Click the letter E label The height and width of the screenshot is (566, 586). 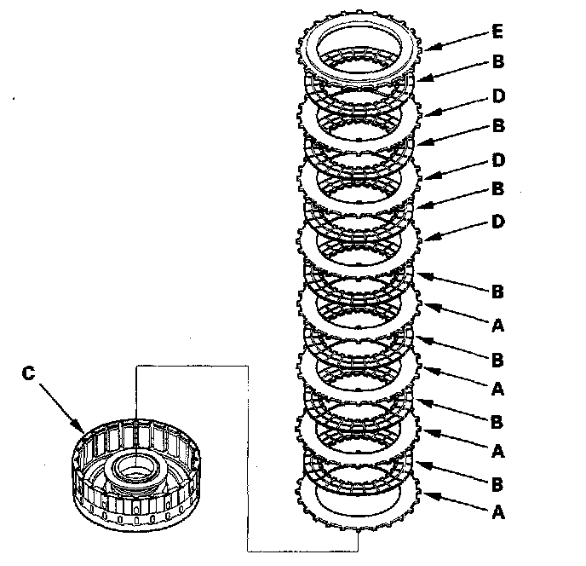[x=498, y=32]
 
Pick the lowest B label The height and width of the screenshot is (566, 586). [x=498, y=482]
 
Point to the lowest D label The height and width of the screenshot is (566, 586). [x=499, y=222]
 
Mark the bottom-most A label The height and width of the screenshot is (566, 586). [x=498, y=513]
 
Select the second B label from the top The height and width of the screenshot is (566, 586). [x=498, y=125]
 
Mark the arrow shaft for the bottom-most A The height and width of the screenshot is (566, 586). [x=460, y=504]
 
